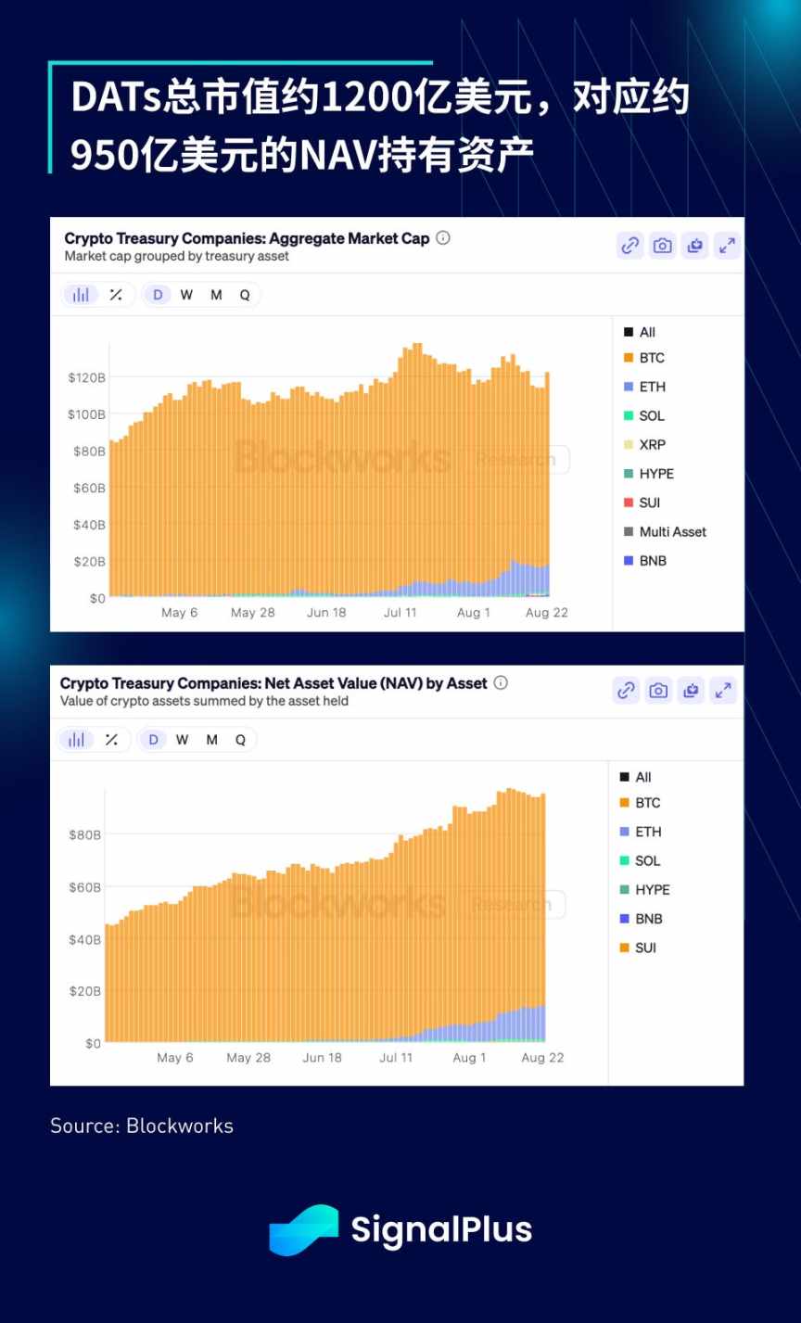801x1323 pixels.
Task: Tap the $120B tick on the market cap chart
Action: [x=86, y=377]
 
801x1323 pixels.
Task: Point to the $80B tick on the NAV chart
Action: [x=84, y=835]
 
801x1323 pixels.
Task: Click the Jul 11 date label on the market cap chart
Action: [x=400, y=613]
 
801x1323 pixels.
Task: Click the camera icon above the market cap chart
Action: [x=662, y=246]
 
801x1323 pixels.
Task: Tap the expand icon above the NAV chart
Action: [x=722, y=691]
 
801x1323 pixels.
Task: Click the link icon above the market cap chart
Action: [x=630, y=246]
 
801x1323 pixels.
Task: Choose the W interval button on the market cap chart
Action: [x=186, y=295]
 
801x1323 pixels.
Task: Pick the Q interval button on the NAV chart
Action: [x=240, y=740]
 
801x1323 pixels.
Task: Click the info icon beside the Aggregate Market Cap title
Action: [x=443, y=238]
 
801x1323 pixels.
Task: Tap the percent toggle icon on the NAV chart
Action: [x=111, y=740]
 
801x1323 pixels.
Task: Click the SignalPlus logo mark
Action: [x=303, y=1230]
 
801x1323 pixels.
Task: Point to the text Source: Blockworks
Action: [x=142, y=1126]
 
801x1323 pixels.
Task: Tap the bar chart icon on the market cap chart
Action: [x=82, y=295]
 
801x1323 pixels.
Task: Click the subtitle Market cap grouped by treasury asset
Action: [x=177, y=256]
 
